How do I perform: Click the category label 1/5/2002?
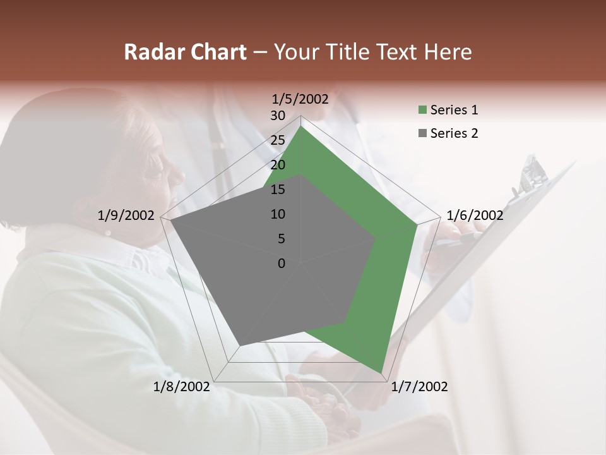tap(300, 99)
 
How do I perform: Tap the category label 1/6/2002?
tap(475, 215)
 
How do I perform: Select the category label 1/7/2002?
tap(420, 387)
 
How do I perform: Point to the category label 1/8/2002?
tap(182, 387)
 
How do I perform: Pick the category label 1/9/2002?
tap(126, 215)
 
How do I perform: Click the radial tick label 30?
tap(277, 116)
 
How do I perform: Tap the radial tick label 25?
tap(277, 140)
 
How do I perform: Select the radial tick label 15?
tap(277, 190)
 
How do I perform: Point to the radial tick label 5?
tap(281, 239)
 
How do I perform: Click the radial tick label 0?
tap(282, 264)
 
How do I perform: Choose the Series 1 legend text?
tap(454, 110)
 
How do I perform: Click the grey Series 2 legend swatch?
tap(423, 133)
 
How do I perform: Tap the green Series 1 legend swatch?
tap(423, 111)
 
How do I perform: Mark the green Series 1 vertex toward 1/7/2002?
tap(382, 373)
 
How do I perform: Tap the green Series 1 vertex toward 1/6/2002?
tap(417, 224)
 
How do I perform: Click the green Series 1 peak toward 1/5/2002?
tap(301, 127)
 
